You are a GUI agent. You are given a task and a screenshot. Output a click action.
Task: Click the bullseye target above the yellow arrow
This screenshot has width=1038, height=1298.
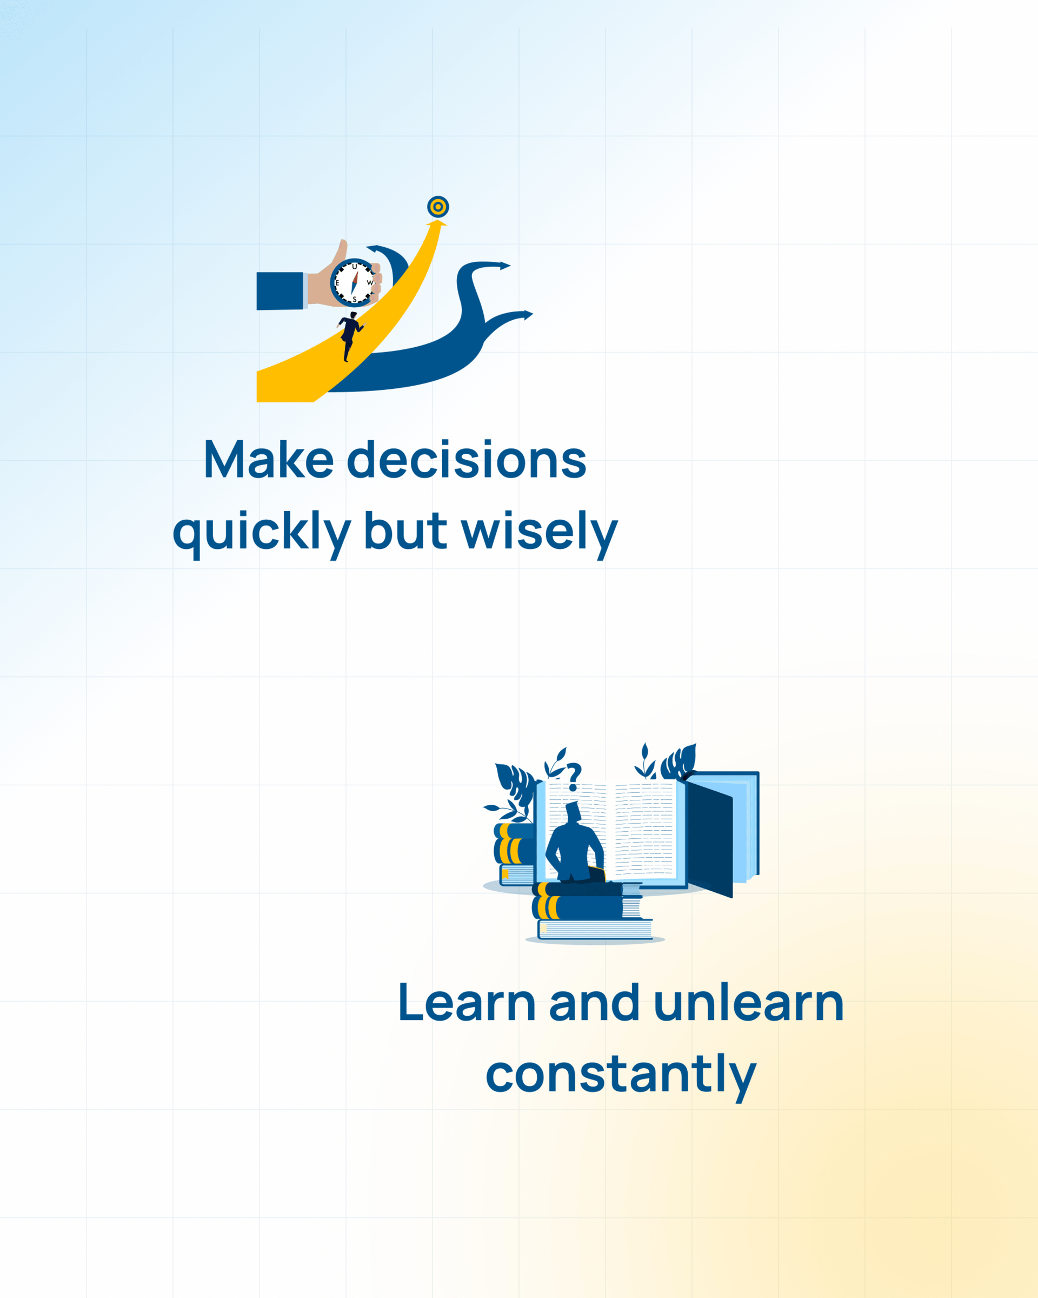[x=438, y=207]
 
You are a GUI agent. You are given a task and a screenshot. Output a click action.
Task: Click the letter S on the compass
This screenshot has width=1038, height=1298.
[x=355, y=299]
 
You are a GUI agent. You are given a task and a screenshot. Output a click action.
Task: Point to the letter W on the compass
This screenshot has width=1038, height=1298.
[x=369, y=282]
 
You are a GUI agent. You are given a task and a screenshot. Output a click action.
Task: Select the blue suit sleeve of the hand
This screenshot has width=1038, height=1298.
[x=280, y=291]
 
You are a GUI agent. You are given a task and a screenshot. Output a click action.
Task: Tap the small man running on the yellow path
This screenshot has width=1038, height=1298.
[x=350, y=336]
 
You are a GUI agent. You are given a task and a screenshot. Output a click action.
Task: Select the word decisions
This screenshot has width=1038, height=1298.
[x=467, y=459]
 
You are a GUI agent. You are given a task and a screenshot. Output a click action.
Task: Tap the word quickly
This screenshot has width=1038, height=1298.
[x=262, y=532]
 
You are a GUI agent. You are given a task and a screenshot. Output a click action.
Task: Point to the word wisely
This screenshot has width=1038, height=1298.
[x=540, y=532]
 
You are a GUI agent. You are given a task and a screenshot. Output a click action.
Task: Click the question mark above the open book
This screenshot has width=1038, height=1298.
[x=574, y=777]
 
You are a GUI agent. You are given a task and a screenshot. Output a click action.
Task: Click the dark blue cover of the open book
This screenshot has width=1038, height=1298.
[x=710, y=839]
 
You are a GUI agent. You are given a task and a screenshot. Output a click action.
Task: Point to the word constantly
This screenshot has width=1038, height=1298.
[x=621, y=1075]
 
